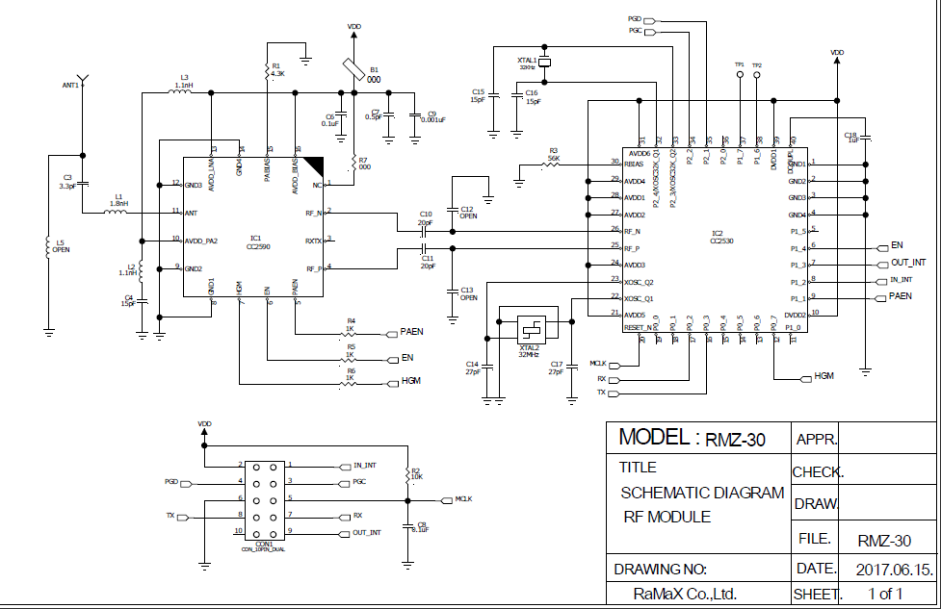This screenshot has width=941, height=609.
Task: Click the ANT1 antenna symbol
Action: (83, 76)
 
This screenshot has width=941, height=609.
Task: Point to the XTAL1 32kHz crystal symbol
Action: (544, 63)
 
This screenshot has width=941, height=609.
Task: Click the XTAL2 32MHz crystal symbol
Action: (530, 326)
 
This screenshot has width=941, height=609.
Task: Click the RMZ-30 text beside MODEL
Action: (735, 441)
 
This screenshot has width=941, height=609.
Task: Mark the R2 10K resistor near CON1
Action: (408, 473)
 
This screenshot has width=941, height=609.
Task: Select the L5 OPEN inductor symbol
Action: (48, 247)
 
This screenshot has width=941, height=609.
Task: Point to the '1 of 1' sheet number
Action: (885, 594)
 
